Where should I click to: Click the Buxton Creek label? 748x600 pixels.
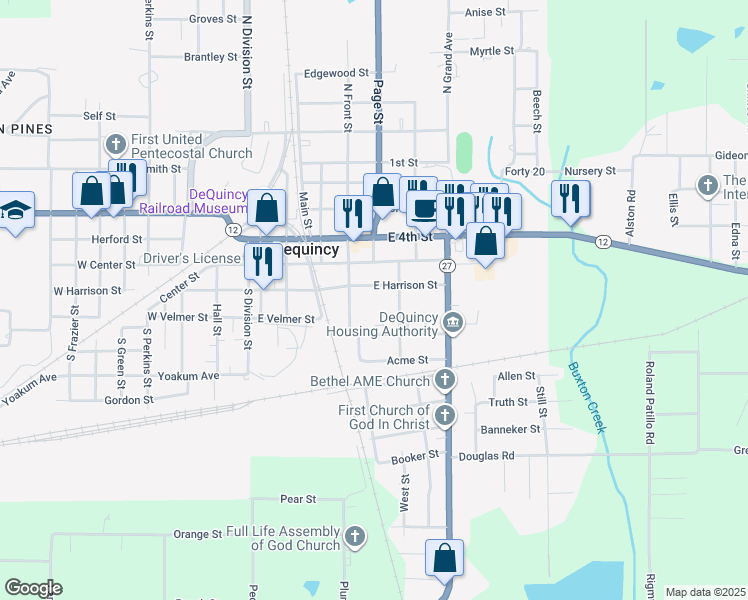[587, 396]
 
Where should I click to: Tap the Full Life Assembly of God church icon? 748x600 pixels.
[354, 538]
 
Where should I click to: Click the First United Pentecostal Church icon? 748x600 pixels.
[115, 145]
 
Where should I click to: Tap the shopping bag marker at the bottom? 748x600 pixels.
[444, 557]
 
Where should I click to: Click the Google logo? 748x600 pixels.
[34, 588]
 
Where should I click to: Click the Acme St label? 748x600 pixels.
[408, 360]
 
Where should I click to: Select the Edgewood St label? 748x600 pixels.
[337, 73]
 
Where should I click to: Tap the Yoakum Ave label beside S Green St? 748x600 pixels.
[188, 376]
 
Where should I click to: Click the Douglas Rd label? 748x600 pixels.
[486, 456]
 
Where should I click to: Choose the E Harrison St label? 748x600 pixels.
[405, 285]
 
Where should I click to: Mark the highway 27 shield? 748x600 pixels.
[447, 265]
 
